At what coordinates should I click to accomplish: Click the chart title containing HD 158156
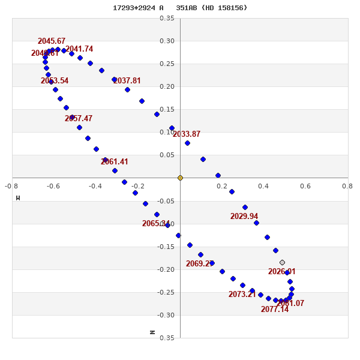[180, 8]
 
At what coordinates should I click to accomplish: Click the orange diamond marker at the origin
[180, 178]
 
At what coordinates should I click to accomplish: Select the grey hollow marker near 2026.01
[282, 262]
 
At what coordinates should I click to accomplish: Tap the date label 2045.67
[52, 41]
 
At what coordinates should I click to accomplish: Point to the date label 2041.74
[79, 49]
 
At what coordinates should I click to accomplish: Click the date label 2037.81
[127, 81]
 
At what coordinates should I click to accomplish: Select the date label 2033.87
[187, 134]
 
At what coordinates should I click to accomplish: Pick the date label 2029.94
[244, 217]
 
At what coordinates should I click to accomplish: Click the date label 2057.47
[79, 119]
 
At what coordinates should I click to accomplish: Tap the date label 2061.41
[115, 162]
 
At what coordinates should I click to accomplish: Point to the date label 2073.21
[242, 295]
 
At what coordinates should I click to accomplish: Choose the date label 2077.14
[275, 310]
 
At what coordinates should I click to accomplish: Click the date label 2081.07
[290, 304]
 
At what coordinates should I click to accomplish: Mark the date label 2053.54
[55, 81]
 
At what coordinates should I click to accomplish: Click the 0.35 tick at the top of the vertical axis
[167, 19]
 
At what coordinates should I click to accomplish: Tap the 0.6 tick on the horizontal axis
[305, 186]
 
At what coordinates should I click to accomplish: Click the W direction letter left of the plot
[18, 198]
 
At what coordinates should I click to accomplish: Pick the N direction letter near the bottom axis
[152, 332]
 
